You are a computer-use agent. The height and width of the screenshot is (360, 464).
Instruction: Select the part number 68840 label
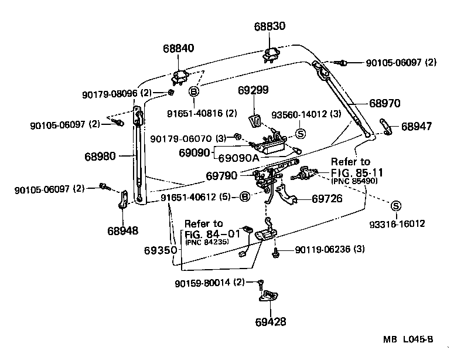point(179,47)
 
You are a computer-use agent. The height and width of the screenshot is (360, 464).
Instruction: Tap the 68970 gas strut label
point(384,103)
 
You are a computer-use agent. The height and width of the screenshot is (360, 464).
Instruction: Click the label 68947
point(415,125)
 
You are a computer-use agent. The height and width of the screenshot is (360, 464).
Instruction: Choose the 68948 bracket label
point(122,230)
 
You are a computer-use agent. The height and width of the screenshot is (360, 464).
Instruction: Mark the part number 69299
point(253,90)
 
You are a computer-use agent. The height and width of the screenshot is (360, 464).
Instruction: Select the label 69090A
point(238,158)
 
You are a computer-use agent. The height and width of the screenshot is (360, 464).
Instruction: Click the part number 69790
point(221,175)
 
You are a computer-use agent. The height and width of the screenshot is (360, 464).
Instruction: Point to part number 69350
point(160,250)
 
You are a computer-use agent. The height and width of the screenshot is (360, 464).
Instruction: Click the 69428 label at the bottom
point(271,322)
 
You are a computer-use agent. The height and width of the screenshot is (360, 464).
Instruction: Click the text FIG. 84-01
point(209,233)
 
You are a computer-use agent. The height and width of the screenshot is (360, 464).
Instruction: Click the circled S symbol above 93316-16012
point(395,206)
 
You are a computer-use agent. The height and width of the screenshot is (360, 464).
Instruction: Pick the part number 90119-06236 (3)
point(330,249)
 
